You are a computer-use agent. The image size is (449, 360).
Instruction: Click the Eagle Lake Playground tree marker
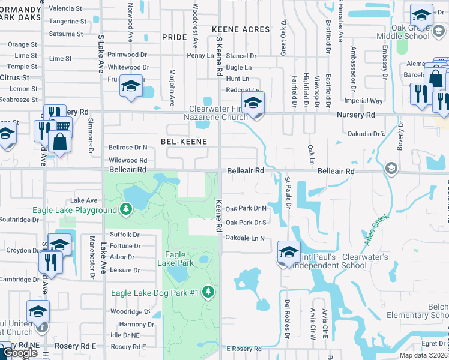click(x=125, y=209)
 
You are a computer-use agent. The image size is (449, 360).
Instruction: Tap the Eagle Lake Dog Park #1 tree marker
click(x=208, y=292)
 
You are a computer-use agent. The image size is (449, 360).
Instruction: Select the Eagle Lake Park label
click(x=176, y=259)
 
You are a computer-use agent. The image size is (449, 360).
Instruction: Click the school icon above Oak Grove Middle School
click(x=421, y=15)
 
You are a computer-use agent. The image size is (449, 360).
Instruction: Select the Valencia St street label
click(x=65, y=9)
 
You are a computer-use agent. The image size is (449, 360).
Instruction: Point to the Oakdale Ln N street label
click(x=245, y=238)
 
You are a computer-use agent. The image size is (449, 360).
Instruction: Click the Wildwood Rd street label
click(x=128, y=160)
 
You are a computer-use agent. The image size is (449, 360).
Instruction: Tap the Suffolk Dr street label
click(x=124, y=235)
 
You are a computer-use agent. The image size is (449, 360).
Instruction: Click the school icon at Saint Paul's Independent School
click(x=289, y=251)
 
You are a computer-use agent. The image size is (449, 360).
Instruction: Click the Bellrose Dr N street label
click(x=128, y=147)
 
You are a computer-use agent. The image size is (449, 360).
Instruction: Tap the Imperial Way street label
click(x=367, y=101)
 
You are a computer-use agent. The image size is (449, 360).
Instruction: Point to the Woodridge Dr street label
click(x=130, y=312)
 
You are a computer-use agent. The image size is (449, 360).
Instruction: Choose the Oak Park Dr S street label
click(x=246, y=223)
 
